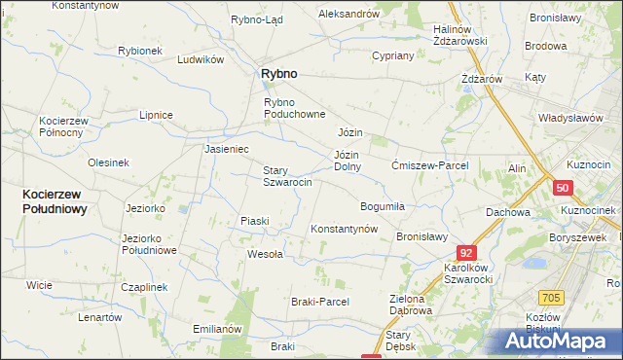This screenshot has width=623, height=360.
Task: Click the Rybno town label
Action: pos(277,73)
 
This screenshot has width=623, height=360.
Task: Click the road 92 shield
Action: pos(466,253)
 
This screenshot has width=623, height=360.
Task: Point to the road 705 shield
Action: pos(552,296)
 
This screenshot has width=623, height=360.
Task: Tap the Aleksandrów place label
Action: pos(348,14)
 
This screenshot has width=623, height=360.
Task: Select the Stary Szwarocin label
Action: pos(287,176)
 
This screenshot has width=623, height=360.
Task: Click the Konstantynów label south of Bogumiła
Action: pos(344,229)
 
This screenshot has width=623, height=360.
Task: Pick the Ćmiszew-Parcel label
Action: pos(430,165)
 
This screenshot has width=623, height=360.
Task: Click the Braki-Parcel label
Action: pos(320,302)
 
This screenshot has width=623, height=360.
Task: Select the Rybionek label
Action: pos(139,51)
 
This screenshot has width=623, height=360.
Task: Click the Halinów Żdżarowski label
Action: pos(459,35)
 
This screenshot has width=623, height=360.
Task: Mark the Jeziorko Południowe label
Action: pos(148,244)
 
